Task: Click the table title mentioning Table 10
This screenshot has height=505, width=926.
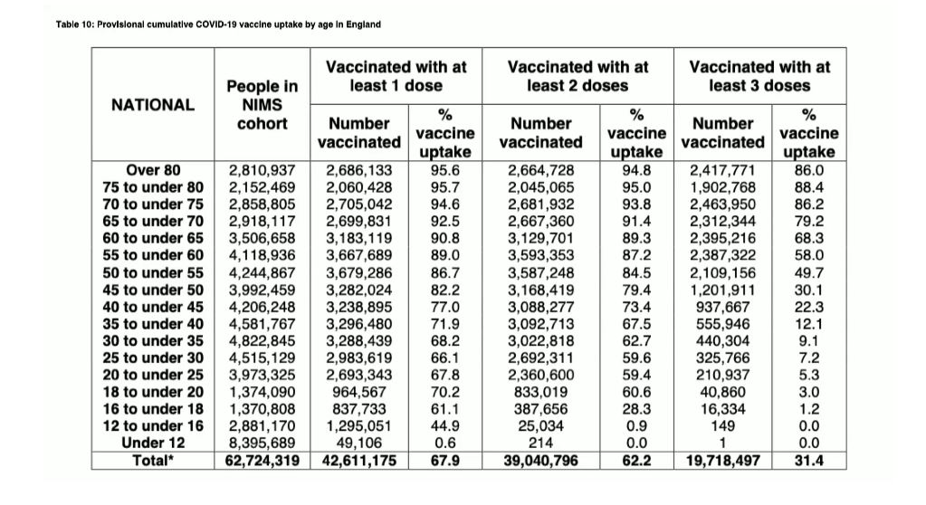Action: [218, 24]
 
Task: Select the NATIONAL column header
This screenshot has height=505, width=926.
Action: [152, 105]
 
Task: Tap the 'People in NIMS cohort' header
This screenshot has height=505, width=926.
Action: [262, 105]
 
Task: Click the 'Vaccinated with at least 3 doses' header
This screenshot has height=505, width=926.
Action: [759, 76]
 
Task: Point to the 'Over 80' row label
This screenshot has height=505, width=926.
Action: [153, 169]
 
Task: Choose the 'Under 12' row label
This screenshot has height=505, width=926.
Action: [153, 443]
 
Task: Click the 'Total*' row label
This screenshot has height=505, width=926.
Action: [153, 461]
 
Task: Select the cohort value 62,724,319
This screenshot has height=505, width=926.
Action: [262, 461]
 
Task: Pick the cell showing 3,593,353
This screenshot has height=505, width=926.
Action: [541, 255]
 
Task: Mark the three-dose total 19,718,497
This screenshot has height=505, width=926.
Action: [722, 461]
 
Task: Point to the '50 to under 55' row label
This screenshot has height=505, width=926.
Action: [153, 272]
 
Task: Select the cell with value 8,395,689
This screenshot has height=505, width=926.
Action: [262, 443]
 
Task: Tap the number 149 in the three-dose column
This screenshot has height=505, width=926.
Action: [722, 426]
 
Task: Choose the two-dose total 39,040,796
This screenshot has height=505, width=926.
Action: [541, 461]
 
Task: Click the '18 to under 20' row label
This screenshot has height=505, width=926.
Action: [153, 392]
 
